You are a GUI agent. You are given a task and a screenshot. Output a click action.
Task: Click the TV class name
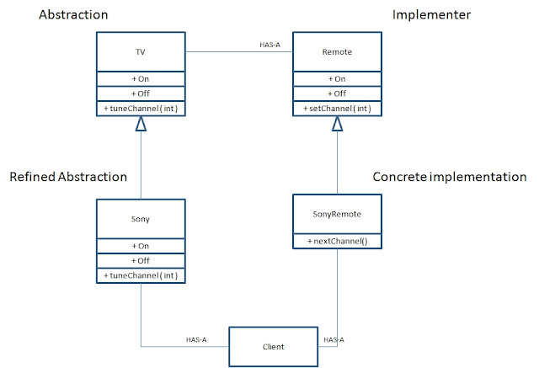pyautogui.click(x=141, y=51)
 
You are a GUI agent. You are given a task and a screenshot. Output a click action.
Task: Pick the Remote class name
pyautogui.click(x=337, y=51)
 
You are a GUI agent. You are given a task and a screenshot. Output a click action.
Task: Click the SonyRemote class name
pyautogui.click(x=337, y=214)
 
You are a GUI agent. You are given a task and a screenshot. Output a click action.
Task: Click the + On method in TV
pyautogui.click(x=141, y=78)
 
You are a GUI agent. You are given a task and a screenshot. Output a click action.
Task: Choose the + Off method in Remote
pyautogui.click(x=337, y=93)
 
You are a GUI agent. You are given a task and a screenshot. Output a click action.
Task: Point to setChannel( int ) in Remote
pyautogui.click(x=337, y=109)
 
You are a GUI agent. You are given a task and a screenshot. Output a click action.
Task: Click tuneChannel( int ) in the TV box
pyautogui.click(x=141, y=109)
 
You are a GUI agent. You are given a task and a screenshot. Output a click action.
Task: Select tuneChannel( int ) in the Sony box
pyautogui.click(x=141, y=275)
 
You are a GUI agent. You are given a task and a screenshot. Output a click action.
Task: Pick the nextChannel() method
pyautogui.click(x=337, y=240)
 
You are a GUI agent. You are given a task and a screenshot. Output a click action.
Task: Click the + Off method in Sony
pyautogui.click(x=141, y=260)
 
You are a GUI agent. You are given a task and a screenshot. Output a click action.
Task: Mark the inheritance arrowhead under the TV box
pyautogui.click(x=141, y=124)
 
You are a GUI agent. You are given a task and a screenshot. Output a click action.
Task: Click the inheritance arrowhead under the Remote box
pyautogui.click(x=337, y=124)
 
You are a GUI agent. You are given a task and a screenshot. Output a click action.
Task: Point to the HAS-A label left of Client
pyautogui.click(x=198, y=339)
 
